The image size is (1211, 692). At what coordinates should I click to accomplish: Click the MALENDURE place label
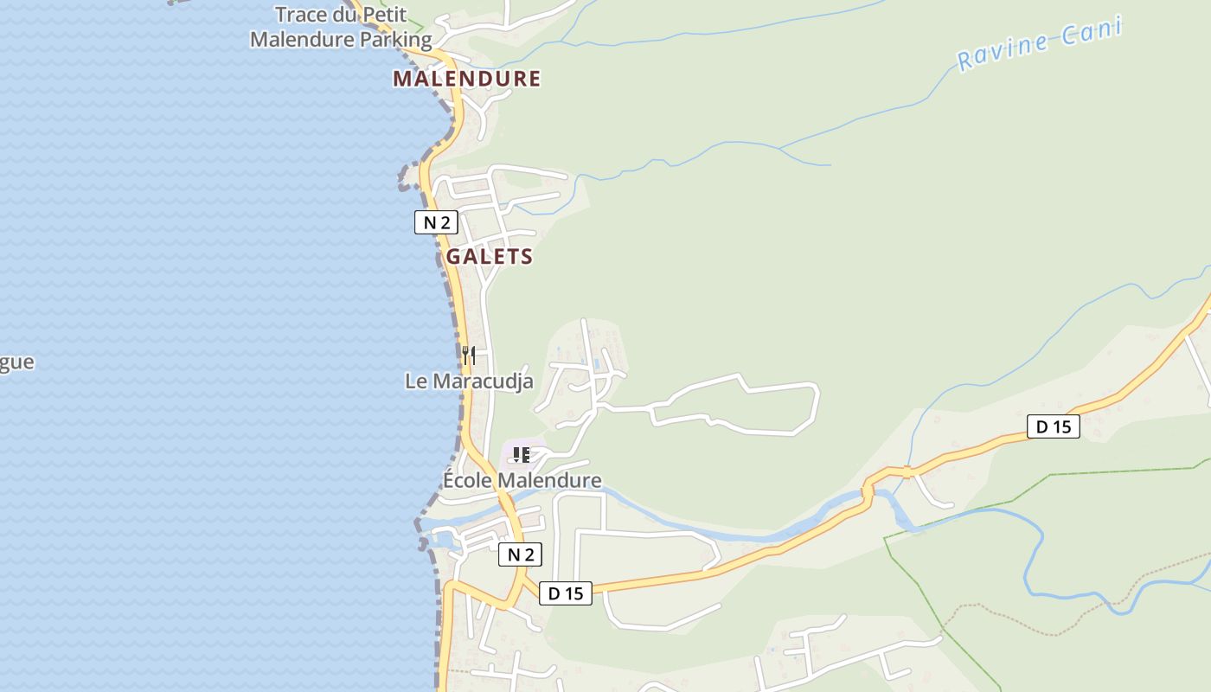[467, 79]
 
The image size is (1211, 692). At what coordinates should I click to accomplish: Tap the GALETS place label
[490, 257]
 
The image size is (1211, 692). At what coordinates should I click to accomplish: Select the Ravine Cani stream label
[1040, 43]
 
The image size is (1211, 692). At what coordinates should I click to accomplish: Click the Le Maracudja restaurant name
[469, 381]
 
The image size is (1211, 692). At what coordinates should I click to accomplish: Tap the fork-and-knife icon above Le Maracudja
[468, 355]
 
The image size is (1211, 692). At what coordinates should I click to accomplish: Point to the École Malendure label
[522, 480]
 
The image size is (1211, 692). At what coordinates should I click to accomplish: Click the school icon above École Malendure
[521, 454]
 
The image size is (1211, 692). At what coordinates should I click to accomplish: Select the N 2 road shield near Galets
[436, 222]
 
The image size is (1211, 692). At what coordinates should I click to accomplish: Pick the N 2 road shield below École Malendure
[520, 554]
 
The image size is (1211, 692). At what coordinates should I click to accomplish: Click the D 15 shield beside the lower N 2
[566, 593]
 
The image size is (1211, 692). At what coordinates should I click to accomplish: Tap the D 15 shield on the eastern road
[1054, 426]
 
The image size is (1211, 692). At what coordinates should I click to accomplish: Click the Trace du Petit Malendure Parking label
[341, 27]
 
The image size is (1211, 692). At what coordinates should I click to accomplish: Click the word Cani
[1091, 33]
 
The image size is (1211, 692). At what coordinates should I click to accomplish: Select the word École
[468, 480]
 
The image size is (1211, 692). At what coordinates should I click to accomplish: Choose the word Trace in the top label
[303, 15]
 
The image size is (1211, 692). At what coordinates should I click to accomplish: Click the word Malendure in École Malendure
[551, 480]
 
